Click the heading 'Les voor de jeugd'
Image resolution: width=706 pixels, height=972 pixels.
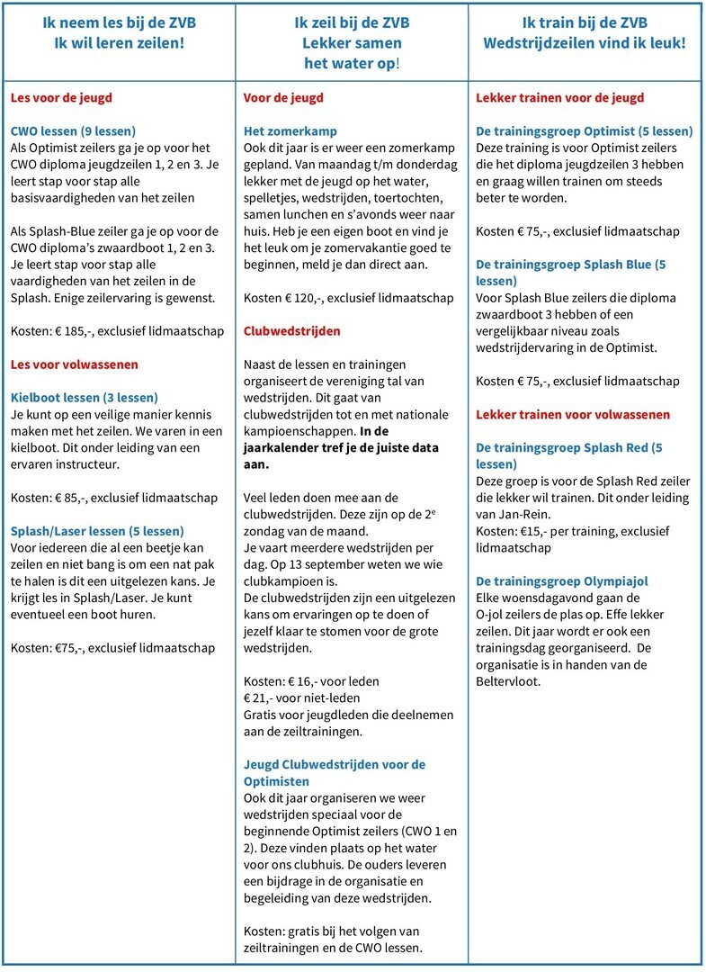[61, 97]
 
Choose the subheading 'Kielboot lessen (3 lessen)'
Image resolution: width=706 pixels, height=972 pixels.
[84, 398]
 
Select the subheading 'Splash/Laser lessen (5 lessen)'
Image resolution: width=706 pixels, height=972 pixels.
[97, 531]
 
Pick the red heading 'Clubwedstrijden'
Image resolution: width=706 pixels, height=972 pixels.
[292, 331]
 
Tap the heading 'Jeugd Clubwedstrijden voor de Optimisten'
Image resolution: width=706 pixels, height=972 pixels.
[335, 772]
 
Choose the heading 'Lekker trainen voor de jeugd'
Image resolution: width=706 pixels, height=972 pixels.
[559, 97]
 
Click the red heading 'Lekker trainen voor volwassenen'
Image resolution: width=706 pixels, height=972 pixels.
[572, 414]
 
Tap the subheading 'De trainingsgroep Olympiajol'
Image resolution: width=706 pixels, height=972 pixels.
[561, 580]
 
